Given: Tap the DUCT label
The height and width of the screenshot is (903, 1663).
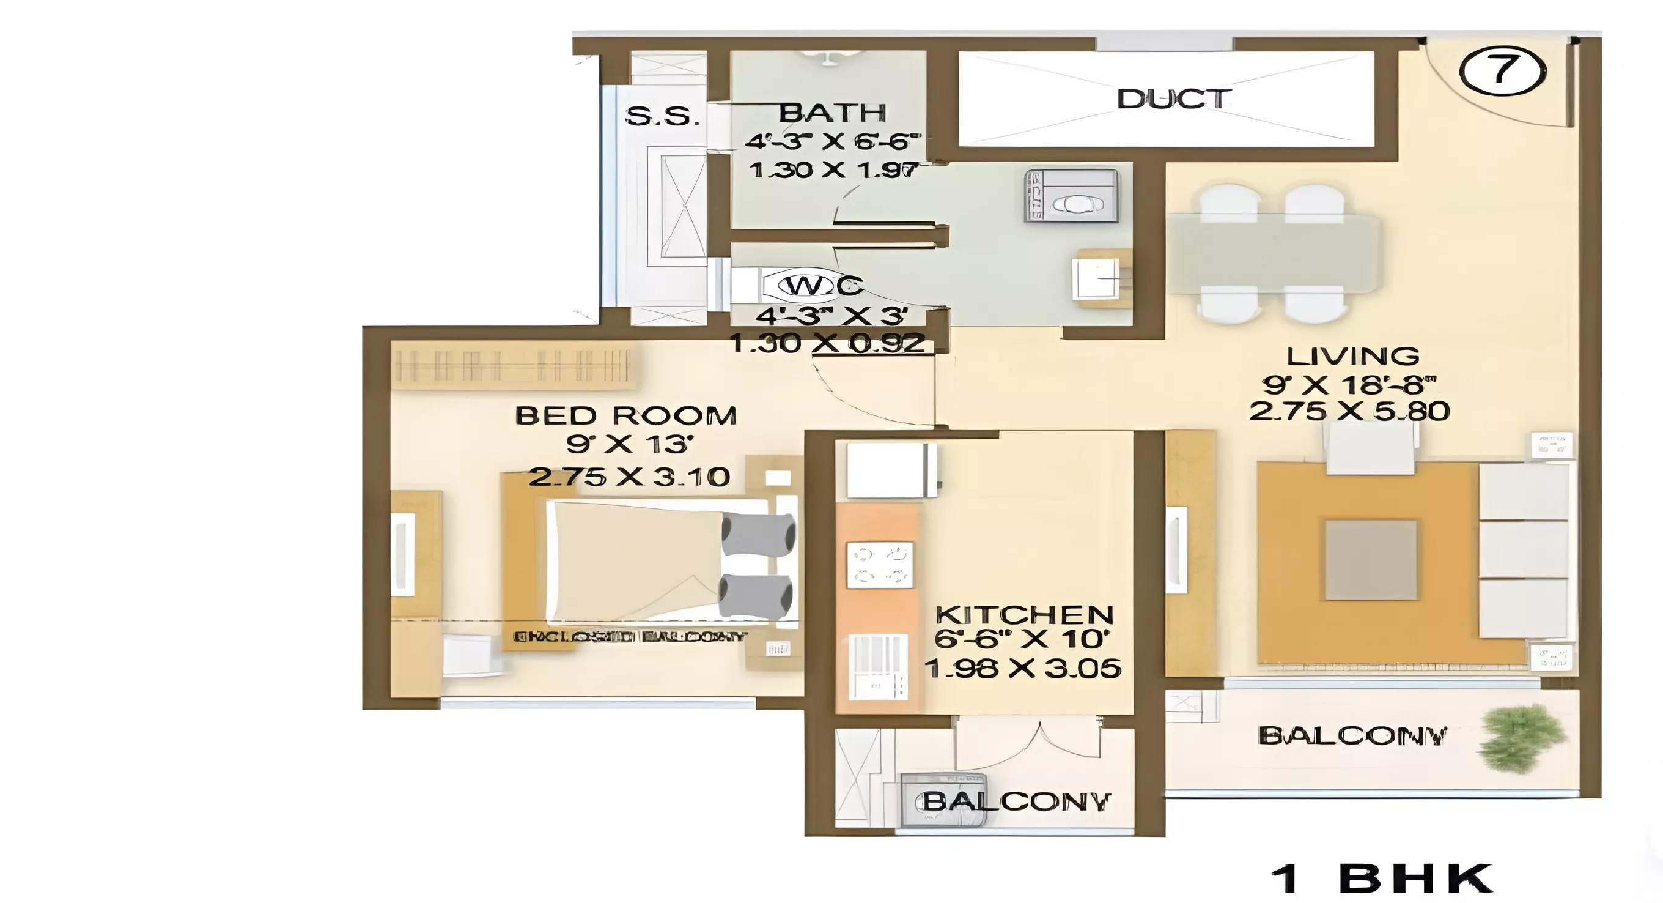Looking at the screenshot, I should [x=1173, y=99].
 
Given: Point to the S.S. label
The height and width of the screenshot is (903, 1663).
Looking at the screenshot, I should [x=662, y=116].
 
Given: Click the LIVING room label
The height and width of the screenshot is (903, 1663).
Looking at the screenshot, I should [x=1352, y=356].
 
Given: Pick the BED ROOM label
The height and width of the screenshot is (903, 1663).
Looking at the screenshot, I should [x=625, y=415].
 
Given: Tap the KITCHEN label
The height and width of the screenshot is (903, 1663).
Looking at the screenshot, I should [x=1024, y=614].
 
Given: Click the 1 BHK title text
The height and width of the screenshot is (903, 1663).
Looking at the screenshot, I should [x=1381, y=879].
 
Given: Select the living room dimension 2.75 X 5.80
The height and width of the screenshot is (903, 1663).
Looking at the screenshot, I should [x=1349, y=411].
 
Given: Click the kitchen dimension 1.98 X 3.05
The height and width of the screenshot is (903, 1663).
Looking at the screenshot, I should [x=1023, y=668].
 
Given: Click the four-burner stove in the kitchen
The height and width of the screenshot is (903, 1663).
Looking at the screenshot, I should [x=879, y=565].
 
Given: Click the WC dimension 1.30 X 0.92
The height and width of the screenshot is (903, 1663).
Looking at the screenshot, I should [x=828, y=343].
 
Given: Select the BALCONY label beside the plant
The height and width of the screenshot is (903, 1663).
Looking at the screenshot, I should [x=1352, y=736].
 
